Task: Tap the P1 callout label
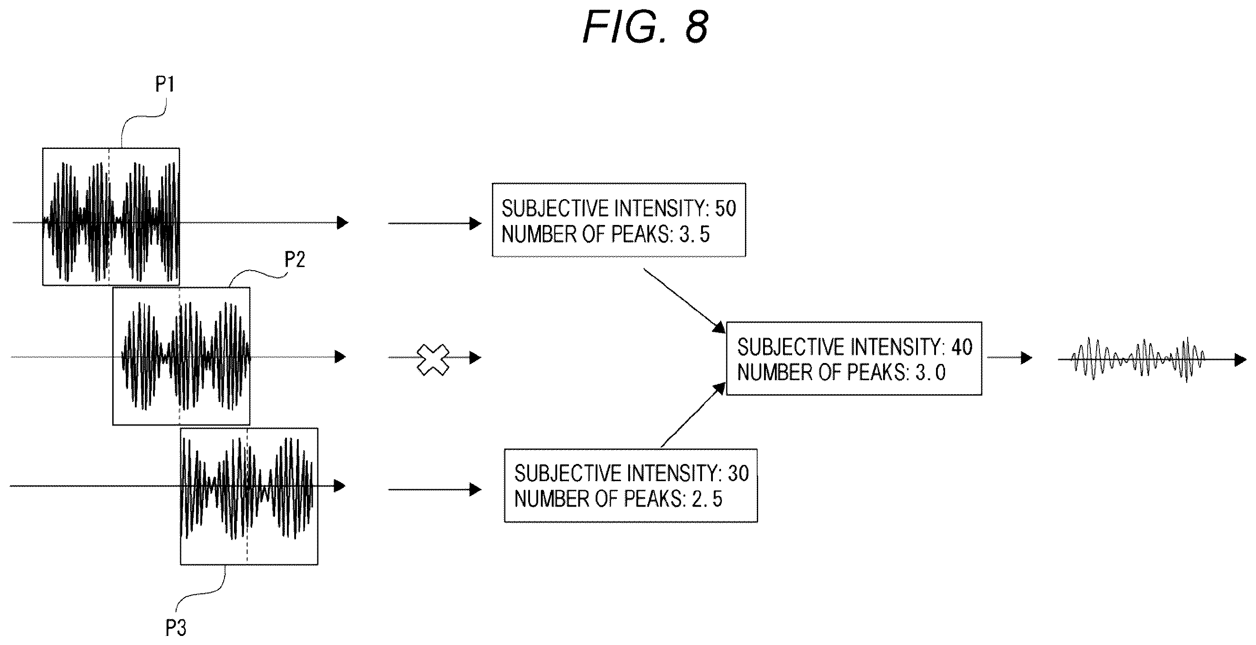coord(165,84)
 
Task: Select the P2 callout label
coord(295,259)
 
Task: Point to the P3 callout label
coord(176,628)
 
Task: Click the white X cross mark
coord(433,360)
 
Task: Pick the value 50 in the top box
coord(726,208)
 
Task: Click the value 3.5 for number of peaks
coord(694,234)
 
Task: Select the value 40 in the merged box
coord(961,347)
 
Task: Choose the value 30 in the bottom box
coord(738,473)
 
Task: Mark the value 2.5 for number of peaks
coord(707,499)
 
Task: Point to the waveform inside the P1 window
coord(111,222)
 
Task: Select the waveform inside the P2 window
coord(186,356)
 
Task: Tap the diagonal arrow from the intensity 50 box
coord(684,300)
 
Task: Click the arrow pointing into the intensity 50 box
coord(435,223)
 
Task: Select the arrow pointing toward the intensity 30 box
coord(435,489)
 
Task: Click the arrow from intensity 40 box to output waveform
coord(1010,358)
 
